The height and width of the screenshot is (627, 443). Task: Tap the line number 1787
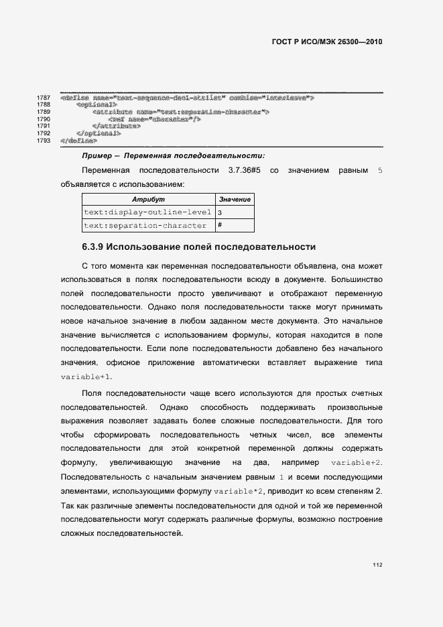pos(44,98)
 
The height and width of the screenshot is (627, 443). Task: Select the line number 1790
pos(44,119)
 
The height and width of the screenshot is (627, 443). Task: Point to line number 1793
pos(44,141)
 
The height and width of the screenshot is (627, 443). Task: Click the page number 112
pos(377,565)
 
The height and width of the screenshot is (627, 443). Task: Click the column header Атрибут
pos(148,200)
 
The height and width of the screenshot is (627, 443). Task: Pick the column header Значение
pos(235,200)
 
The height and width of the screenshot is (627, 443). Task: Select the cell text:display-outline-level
pos(148,212)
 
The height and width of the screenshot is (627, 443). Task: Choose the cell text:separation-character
pos(148,226)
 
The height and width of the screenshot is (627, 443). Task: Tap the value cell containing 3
pos(220,212)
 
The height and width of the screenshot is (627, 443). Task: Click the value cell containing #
pos(220,226)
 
